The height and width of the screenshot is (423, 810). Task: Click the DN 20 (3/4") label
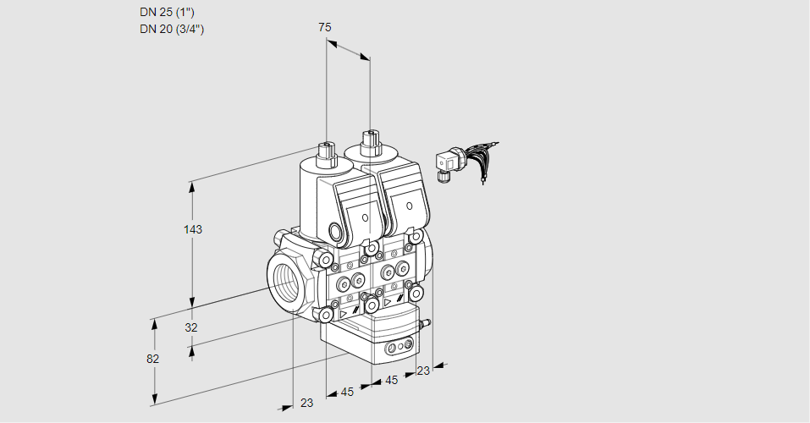point(173,29)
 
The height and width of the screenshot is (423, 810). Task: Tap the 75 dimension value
point(325,28)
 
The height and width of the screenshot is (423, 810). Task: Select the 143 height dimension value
point(194,230)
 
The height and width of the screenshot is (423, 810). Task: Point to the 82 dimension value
point(152,359)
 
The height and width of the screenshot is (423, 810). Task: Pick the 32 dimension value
point(191,327)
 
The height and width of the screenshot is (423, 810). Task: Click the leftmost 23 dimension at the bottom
point(306,403)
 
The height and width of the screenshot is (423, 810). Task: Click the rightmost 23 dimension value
point(423,370)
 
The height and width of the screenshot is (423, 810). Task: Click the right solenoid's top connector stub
point(369,141)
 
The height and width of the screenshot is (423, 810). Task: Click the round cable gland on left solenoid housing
point(338,233)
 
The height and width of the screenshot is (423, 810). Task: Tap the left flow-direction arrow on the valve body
point(344,312)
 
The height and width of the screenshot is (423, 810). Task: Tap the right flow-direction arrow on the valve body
point(388,301)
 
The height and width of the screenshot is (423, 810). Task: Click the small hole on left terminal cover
point(366,218)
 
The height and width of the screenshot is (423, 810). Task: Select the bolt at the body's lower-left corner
point(325,316)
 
